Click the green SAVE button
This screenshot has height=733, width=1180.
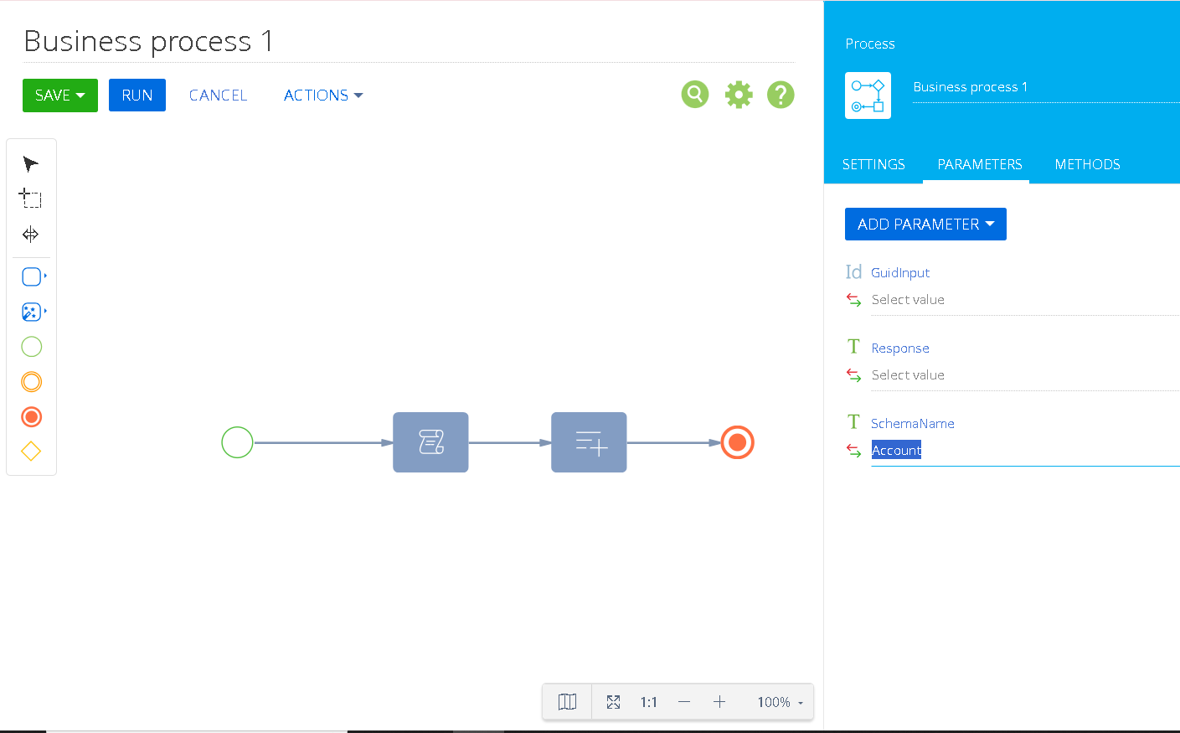click(60, 95)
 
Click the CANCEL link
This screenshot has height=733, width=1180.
click(218, 95)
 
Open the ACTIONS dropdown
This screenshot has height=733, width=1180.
click(323, 95)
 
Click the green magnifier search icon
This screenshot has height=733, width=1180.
click(695, 95)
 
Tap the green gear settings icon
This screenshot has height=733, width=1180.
click(739, 95)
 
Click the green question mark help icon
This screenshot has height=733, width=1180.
click(781, 95)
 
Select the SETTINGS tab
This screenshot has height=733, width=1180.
click(873, 164)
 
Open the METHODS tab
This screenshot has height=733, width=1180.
click(1087, 164)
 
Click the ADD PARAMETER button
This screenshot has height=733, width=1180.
click(925, 224)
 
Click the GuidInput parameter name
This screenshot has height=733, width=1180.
click(899, 273)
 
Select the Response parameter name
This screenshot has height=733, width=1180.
click(899, 348)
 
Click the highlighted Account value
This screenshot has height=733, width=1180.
click(896, 450)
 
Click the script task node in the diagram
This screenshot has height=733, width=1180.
click(430, 442)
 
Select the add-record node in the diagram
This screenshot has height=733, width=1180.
click(589, 442)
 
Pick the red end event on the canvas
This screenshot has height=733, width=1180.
click(738, 442)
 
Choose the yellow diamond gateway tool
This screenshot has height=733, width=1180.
click(31, 451)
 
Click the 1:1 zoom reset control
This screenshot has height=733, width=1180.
click(648, 702)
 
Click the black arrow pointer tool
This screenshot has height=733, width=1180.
click(30, 164)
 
